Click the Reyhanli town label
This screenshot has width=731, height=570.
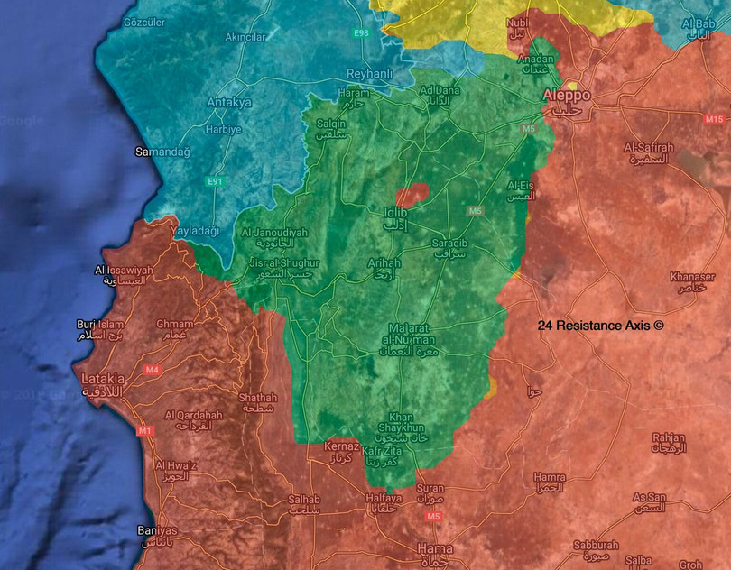click(x=373, y=74)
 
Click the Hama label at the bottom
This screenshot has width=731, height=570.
click(x=437, y=548)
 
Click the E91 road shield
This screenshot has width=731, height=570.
click(x=215, y=182)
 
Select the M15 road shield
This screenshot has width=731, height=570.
click(x=714, y=119)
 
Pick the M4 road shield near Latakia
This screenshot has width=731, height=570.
click(x=152, y=370)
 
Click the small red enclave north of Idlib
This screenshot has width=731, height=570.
click(x=412, y=195)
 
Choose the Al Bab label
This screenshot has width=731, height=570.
click(x=699, y=26)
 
